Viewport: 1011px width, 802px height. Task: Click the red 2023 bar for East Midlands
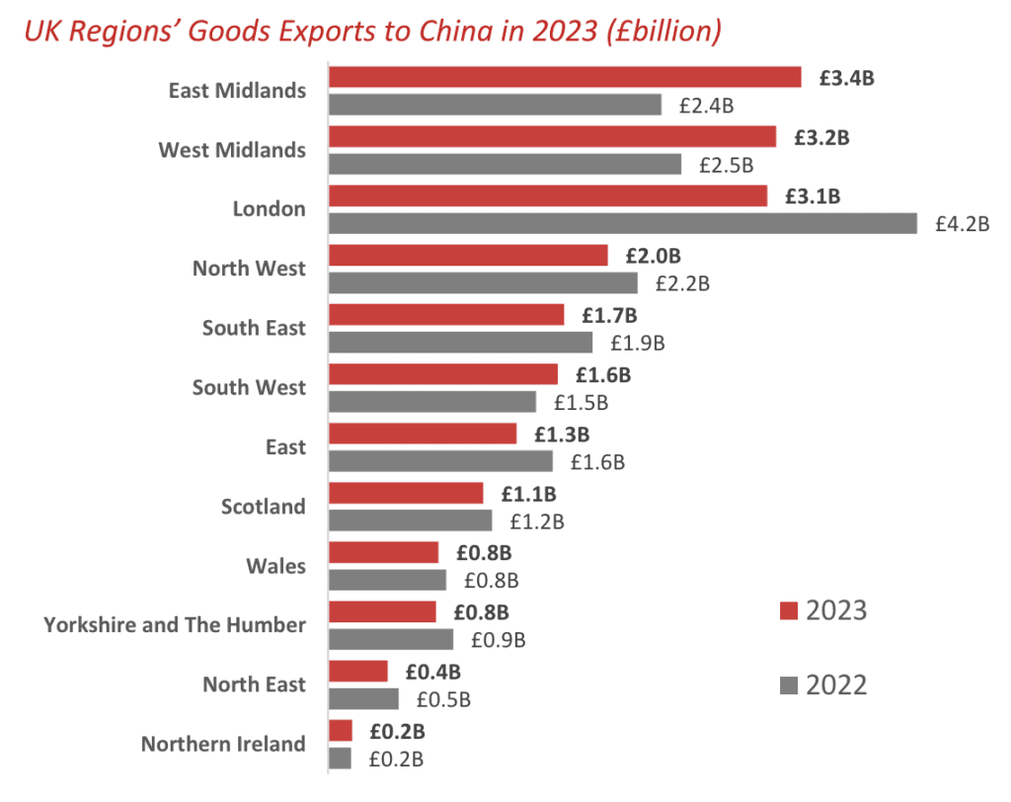pyautogui.click(x=564, y=77)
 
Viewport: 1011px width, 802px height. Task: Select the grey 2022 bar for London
pyautogui.click(x=623, y=223)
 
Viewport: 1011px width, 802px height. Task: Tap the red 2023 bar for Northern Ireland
pyautogui.click(x=341, y=731)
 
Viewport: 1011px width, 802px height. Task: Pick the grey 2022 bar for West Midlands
pyautogui.click(x=505, y=164)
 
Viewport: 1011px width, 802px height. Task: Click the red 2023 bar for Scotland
pyautogui.click(x=406, y=493)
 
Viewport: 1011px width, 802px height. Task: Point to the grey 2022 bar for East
pyautogui.click(x=440, y=461)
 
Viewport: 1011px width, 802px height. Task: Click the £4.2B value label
pyautogui.click(x=962, y=223)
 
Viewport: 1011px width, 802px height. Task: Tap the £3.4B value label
pyautogui.click(x=846, y=77)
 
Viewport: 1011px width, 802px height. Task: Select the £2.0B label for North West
pyautogui.click(x=653, y=256)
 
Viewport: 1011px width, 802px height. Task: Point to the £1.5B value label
pyautogui.click(x=581, y=402)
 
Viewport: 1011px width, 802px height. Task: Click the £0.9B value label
pyautogui.click(x=498, y=640)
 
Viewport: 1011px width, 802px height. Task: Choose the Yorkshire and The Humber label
pyautogui.click(x=175, y=625)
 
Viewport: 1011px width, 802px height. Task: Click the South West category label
pyautogui.click(x=249, y=387)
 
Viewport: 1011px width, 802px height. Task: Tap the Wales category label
pyautogui.click(x=275, y=566)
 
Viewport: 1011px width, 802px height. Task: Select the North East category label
pyautogui.click(x=254, y=684)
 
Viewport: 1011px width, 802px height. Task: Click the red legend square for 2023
pyautogui.click(x=788, y=610)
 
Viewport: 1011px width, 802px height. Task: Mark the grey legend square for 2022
pyautogui.click(x=788, y=685)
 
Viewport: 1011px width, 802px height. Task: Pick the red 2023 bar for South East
pyautogui.click(x=446, y=315)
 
